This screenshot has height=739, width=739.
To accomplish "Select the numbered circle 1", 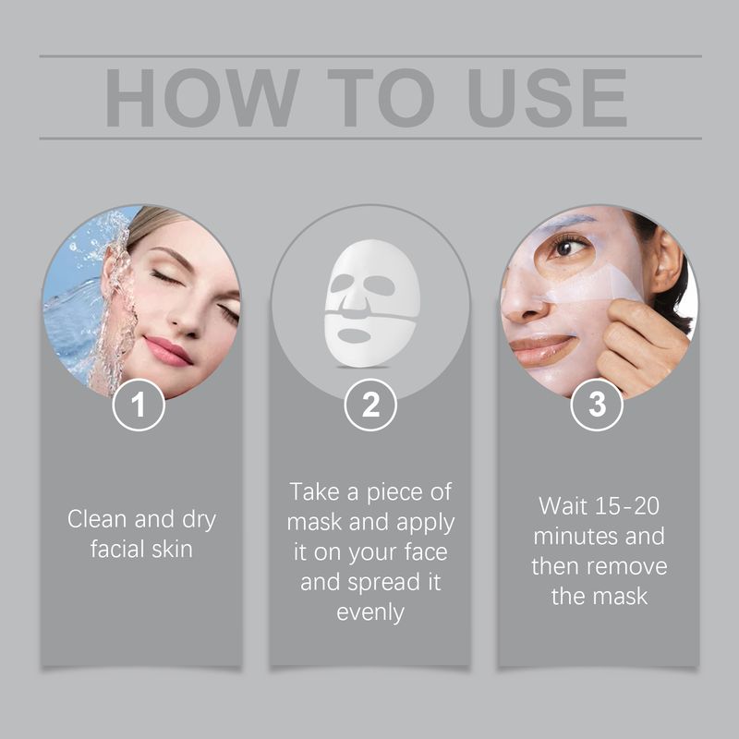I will [139, 406].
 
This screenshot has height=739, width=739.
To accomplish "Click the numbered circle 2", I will [369, 406].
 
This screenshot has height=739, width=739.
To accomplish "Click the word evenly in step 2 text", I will [370, 612].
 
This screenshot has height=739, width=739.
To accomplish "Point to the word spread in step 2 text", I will [394, 582].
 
